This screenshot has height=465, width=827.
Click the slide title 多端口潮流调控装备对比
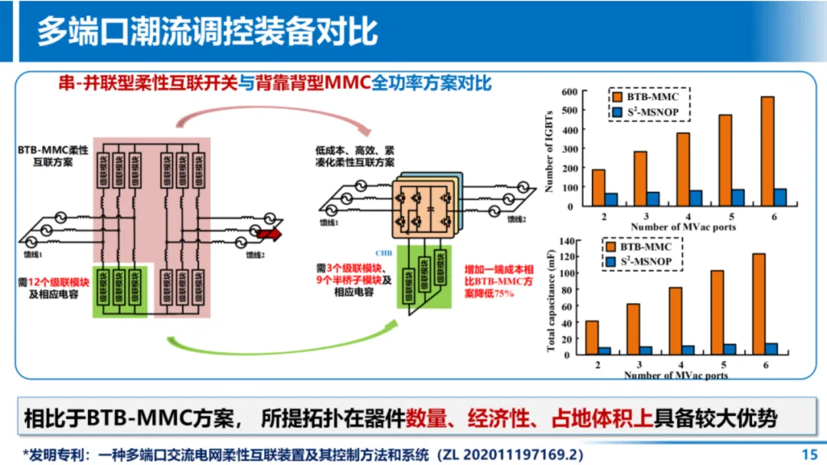207,32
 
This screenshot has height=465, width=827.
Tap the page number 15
809,454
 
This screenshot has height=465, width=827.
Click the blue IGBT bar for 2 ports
611,200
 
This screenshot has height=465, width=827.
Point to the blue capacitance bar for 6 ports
771,349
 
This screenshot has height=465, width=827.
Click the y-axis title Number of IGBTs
549,149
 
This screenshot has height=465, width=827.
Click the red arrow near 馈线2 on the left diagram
269,235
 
